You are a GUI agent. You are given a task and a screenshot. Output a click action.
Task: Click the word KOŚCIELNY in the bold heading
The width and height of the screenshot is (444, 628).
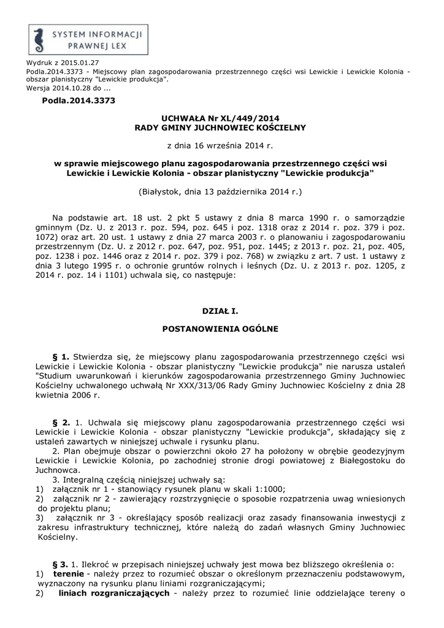(x=272, y=127)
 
